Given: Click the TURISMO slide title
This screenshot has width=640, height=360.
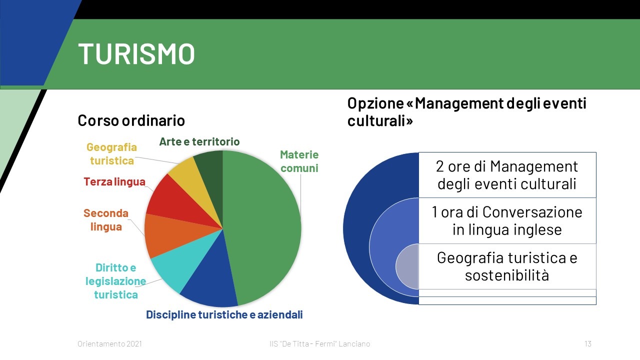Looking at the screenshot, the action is point(136,53).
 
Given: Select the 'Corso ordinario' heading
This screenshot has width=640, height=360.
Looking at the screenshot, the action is point(131,120).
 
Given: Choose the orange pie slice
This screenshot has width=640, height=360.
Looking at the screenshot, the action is point(165,234).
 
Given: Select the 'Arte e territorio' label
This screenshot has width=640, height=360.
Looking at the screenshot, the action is point(199,141).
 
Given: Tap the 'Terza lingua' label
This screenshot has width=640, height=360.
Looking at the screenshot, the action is point(114,181).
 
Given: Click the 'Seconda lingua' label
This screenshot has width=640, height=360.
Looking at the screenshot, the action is point(106,219).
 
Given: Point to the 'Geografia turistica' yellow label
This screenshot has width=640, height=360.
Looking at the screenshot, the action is point(111,153).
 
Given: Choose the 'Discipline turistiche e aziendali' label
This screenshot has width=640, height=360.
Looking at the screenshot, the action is point(224,314).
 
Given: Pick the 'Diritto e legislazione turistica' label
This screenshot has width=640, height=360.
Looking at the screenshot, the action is point(115,281).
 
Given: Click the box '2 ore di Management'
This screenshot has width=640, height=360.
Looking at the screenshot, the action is point(507,175).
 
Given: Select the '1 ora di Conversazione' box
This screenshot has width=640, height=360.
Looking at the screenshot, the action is point(507,221).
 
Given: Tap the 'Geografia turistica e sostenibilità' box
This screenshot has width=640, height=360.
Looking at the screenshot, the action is point(507,266).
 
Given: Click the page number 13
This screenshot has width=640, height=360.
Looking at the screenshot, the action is point(588,343).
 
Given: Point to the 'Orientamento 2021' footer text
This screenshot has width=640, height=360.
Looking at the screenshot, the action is point(109,343).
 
